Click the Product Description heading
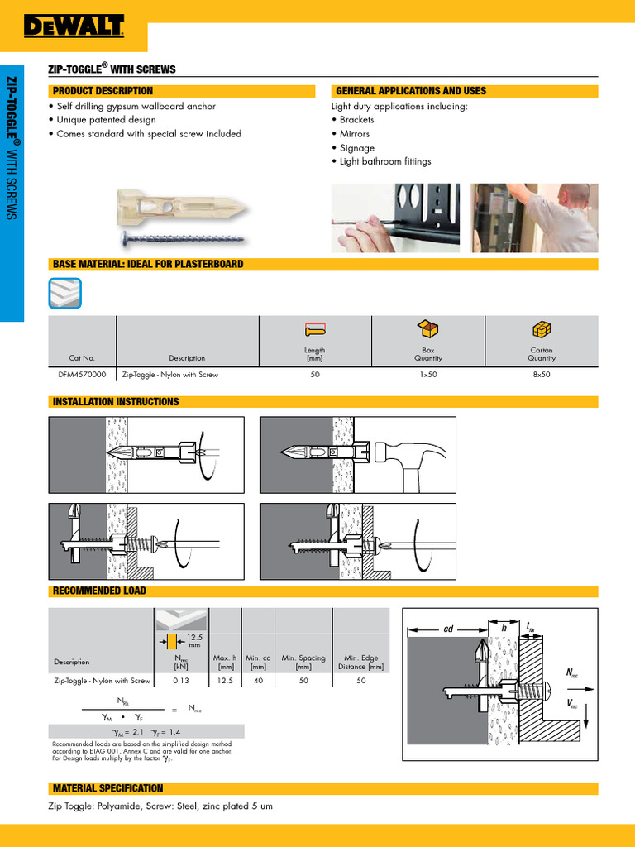103,91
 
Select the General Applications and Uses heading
410,91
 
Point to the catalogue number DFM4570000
82,375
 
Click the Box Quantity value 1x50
427,375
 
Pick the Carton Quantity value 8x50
542,375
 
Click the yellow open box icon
427,329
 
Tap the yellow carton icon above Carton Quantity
542,329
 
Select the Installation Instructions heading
115,402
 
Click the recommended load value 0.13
181,681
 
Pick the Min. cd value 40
258,681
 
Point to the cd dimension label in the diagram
449,629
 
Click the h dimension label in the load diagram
504,628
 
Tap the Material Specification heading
107,788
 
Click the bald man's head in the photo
575,197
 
